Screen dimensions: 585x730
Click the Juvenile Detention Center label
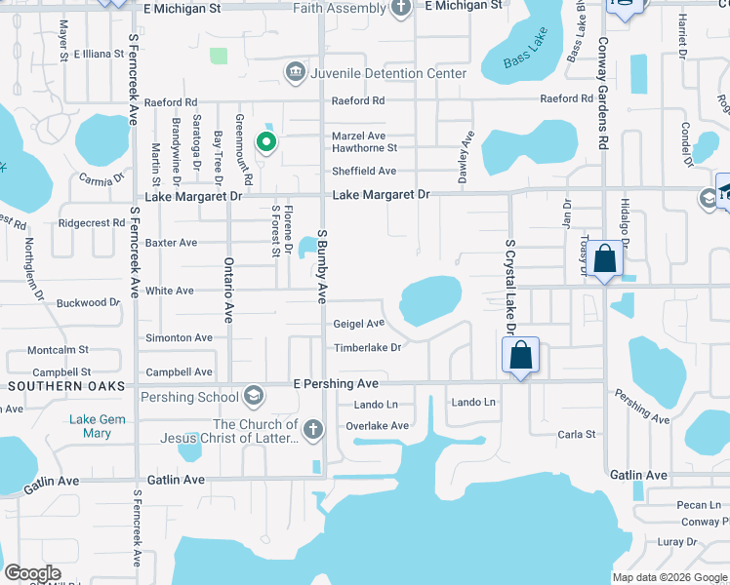373,74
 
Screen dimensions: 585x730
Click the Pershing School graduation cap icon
254,396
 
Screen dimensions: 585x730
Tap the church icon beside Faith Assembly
400,9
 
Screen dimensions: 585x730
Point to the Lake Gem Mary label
98,426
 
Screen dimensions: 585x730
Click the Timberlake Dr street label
368,348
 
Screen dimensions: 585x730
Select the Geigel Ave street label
359,324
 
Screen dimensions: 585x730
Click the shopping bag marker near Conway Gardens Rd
605,259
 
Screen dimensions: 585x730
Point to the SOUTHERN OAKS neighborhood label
65,386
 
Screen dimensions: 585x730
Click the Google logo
32,573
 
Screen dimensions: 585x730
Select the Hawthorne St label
364,148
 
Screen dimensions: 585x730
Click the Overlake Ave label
378,426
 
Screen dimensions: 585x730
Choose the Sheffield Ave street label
364,172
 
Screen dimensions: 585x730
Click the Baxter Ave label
171,243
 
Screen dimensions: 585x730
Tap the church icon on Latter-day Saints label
312,429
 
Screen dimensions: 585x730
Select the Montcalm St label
58,349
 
